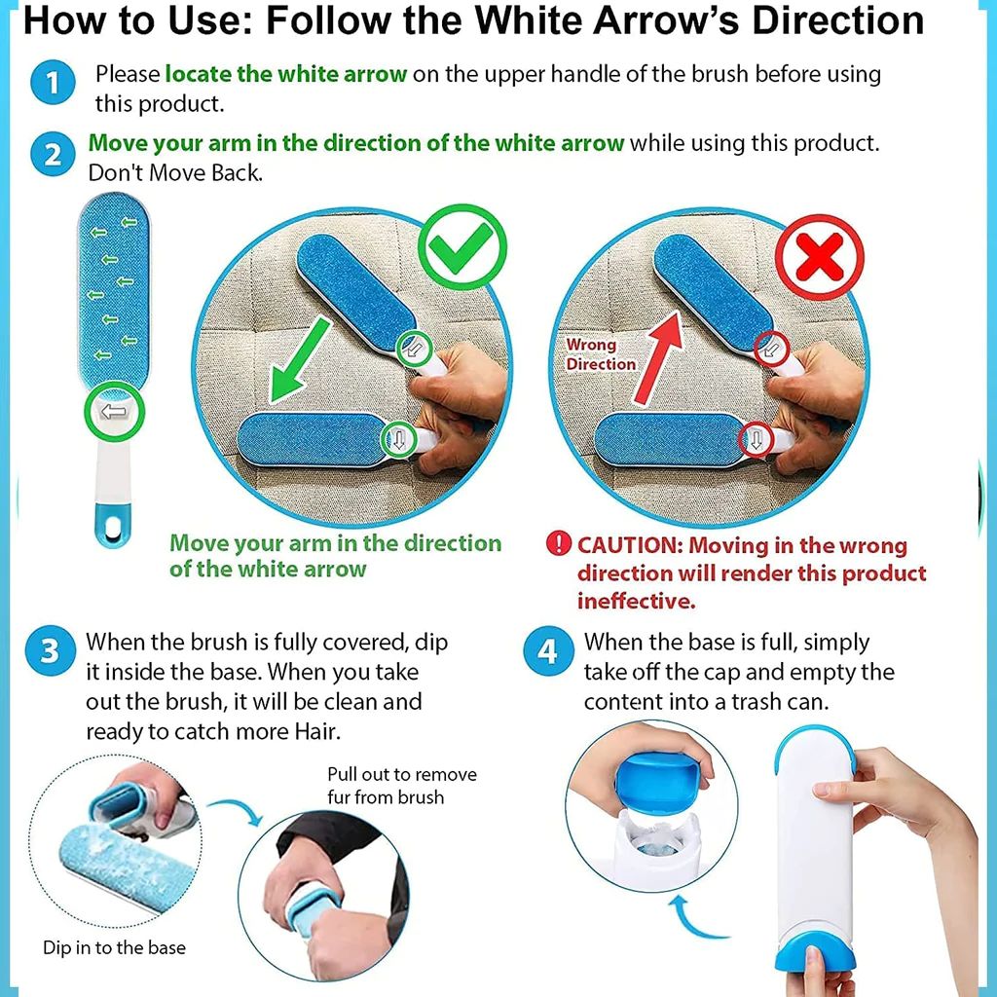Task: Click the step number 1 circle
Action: (x=51, y=85)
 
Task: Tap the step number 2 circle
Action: (x=51, y=155)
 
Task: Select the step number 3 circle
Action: (x=50, y=650)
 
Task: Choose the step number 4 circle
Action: (x=548, y=650)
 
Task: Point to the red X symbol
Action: (x=819, y=256)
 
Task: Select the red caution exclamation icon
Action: (x=558, y=544)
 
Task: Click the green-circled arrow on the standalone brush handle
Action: (x=114, y=412)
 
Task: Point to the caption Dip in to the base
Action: (x=114, y=947)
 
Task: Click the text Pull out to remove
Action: (x=401, y=775)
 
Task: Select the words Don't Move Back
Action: (x=175, y=172)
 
